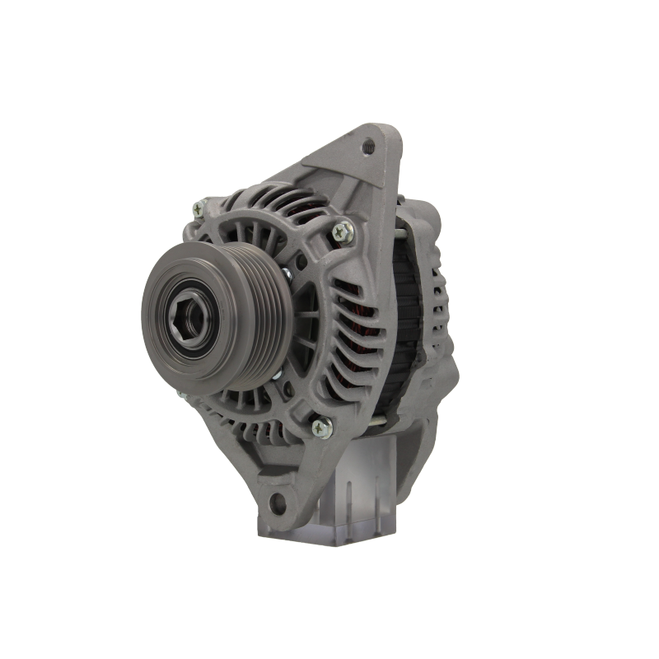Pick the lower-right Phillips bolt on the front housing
[319, 427]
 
